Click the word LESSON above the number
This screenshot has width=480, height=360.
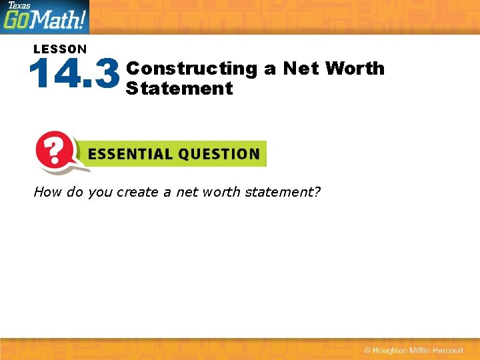click(60, 49)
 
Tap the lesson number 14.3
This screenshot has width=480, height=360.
click(75, 75)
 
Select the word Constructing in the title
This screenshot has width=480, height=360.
click(191, 69)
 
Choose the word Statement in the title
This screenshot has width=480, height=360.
click(179, 88)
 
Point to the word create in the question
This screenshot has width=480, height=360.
click(137, 192)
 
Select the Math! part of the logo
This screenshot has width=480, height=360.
click(60, 20)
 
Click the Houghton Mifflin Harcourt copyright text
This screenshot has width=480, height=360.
click(419, 351)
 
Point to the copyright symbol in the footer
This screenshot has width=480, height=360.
click(367, 351)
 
